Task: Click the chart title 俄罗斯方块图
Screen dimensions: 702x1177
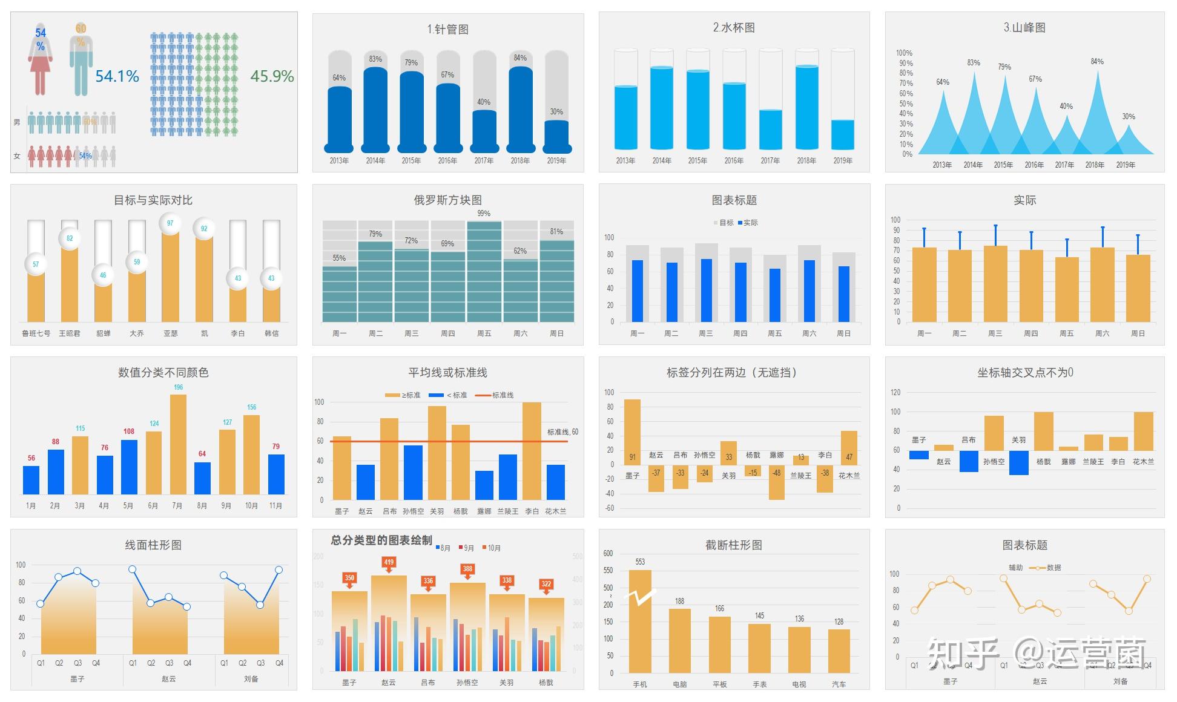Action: tap(447, 200)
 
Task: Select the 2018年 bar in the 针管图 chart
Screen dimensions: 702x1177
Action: tap(520, 109)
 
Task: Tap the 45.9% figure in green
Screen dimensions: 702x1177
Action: tap(272, 76)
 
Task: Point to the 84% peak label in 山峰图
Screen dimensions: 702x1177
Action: tap(1097, 62)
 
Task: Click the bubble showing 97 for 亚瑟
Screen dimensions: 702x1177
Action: tap(170, 223)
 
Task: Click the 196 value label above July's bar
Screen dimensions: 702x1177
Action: tap(178, 387)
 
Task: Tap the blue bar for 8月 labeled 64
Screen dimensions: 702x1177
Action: tap(202, 478)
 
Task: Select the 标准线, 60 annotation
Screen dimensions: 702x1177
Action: tap(562, 432)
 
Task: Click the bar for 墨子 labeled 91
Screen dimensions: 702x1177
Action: tap(632, 432)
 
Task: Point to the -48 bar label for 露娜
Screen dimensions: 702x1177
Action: tap(776, 473)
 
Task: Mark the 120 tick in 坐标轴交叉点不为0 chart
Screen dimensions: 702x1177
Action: tap(895, 393)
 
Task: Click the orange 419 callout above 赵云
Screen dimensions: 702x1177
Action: tap(389, 563)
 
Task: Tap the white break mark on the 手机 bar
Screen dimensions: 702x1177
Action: tap(640, 598)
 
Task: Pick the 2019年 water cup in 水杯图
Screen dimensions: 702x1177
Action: tap(843, 100)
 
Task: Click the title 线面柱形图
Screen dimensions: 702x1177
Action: tap(153, 545)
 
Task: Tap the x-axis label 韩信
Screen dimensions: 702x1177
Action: tap(271, 333)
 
